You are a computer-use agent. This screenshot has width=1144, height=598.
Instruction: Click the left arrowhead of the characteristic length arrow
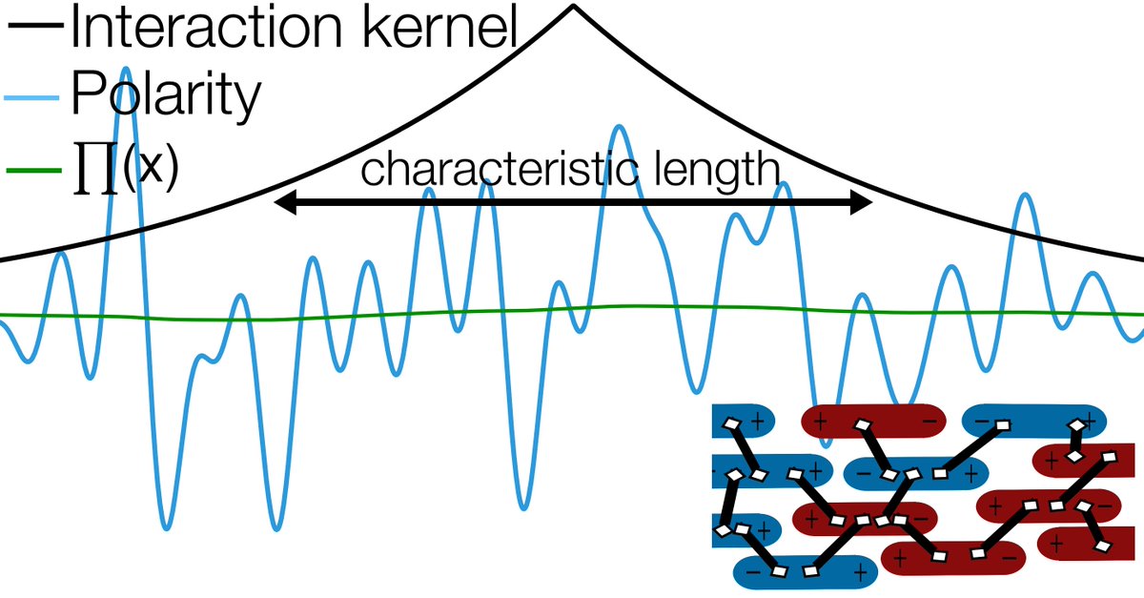coord(284,202)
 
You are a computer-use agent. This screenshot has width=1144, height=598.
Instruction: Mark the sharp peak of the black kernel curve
coord(572,8)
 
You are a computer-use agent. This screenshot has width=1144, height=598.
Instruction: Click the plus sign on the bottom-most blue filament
coord(860,571)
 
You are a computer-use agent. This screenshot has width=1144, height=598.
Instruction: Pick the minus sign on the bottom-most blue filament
coord(752,571)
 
